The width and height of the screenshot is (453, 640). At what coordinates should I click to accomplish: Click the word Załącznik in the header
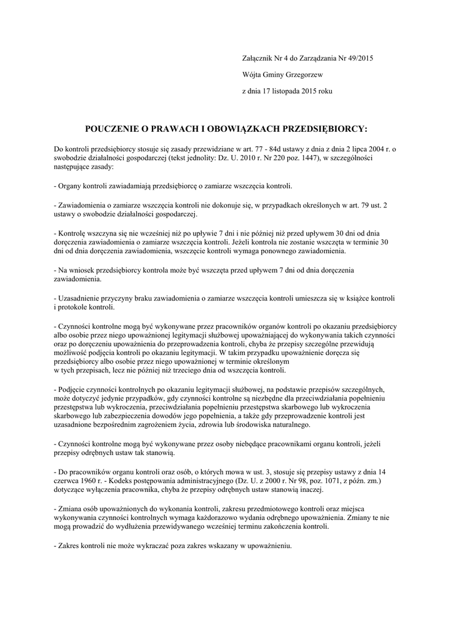[257, 58]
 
